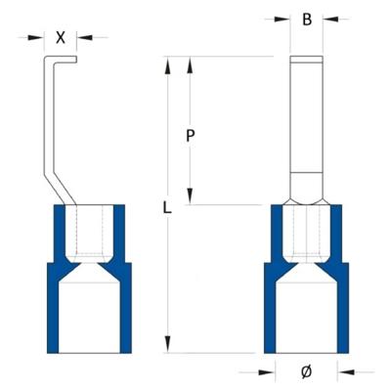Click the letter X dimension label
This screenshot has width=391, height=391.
(x=62, y=38)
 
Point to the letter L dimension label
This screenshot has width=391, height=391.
(x=167, y=207)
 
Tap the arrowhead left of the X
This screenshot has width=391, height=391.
(x=40, y=38)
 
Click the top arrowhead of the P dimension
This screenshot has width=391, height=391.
(x=192, y=65)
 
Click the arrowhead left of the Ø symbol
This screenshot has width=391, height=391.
(x=269, y=370)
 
